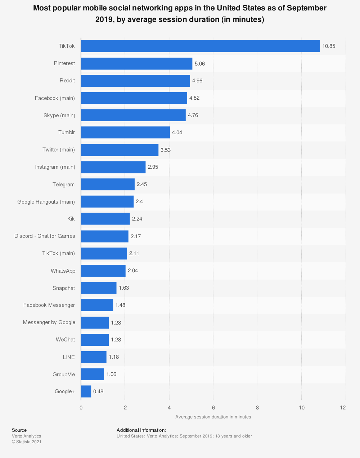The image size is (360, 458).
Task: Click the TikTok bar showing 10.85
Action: tap(200, 46)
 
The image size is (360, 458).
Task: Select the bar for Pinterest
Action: tap(136, 64)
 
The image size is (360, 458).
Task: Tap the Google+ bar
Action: tap(86, 391)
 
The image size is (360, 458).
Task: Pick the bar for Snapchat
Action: tap(99, 288)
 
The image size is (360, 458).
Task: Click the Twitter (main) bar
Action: tap(120, 150)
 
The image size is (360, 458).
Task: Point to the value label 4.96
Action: tap(197, 81)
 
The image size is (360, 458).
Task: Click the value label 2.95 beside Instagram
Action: tap(153, 167)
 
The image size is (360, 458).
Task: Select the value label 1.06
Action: tap(111, 374)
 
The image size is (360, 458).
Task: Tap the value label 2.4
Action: tap(139, 201)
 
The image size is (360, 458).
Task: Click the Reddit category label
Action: tap(67, 81)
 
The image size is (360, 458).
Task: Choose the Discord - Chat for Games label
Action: tap(45, 236)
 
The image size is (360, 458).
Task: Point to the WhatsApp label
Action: tap(63, 271)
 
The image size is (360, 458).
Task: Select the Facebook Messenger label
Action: tap(49, 305)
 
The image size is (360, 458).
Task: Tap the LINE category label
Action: tap(69, 357)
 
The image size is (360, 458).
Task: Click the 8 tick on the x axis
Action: tap(257, 408)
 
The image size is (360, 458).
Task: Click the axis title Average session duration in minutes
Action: tap(213, 417)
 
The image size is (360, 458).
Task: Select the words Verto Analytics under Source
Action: tap(26, 436)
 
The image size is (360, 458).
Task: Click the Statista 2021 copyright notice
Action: tap(27, 442)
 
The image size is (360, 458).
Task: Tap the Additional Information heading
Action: tap(141, 430)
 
